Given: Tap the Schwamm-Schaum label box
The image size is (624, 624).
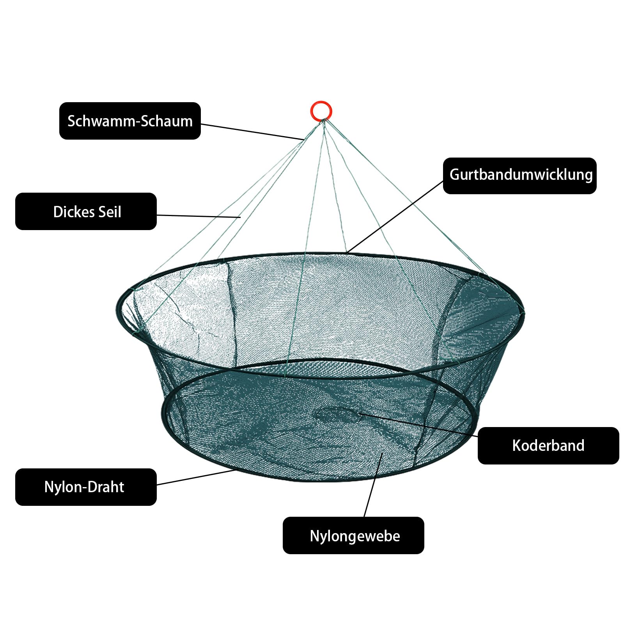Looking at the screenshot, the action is pyautogui.click(x=130, y=121).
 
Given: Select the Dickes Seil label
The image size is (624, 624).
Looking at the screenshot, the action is pyautogui.click(x=86, y=211).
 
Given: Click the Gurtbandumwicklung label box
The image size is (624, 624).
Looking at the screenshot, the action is pyautogui.click(x=520, y=176).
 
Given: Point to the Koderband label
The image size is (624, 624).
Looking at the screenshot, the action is pyautogui.click(x=548, y=446).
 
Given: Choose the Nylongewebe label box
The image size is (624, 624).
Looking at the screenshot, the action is pyautogui.click(x=353, y=535).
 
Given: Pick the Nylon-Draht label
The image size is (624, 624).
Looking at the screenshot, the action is pyautogui.click(x=86, y=487).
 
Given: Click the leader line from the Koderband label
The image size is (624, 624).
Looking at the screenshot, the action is pyautogui.click(x=418, y=425).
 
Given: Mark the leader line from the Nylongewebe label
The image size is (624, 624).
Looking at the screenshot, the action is pyautogui.click(x=373, y=485).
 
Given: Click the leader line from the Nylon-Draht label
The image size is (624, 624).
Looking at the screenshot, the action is pyautogui.click(x=196, y=477).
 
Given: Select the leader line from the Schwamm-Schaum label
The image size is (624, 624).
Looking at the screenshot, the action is pyautogui.click(x=252, y=132).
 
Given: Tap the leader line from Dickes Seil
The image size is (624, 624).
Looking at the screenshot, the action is pyautogui.click(x=199, y=216).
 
